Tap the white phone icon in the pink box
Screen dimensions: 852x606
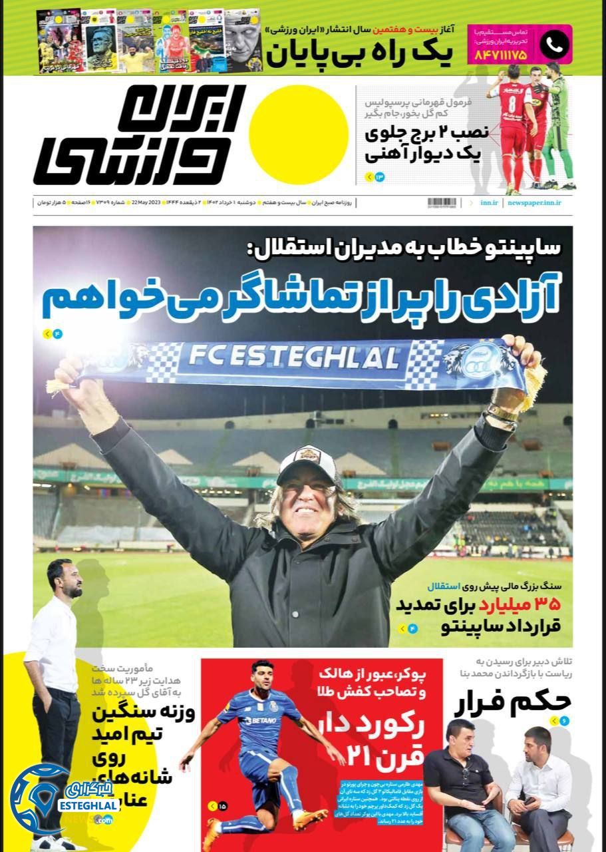click(x=553, y=45)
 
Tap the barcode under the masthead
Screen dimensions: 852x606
click(x=442, y=202)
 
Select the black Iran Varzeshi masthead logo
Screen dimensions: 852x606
click(x=140, y=135)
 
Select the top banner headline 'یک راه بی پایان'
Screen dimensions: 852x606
click(x=359, y=55)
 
